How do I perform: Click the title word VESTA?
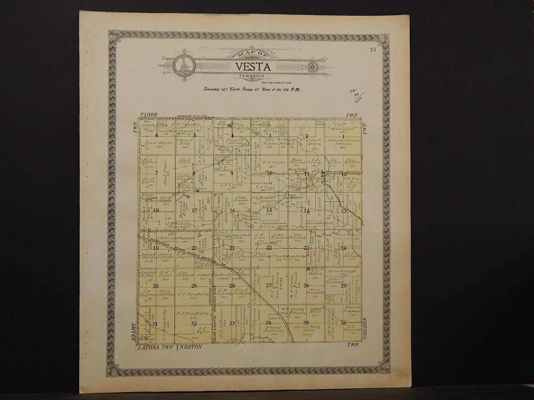[x=253, y=66]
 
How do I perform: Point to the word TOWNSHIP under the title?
[x=253, y=76]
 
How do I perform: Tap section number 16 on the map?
[x=232, y=211]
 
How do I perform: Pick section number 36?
[x=343, y=323]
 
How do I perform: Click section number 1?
[x=343, y=137]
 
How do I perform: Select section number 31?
[x=155, y=324]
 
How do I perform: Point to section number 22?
[x=270, y=248]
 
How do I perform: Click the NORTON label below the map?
[x=191, y=347]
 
